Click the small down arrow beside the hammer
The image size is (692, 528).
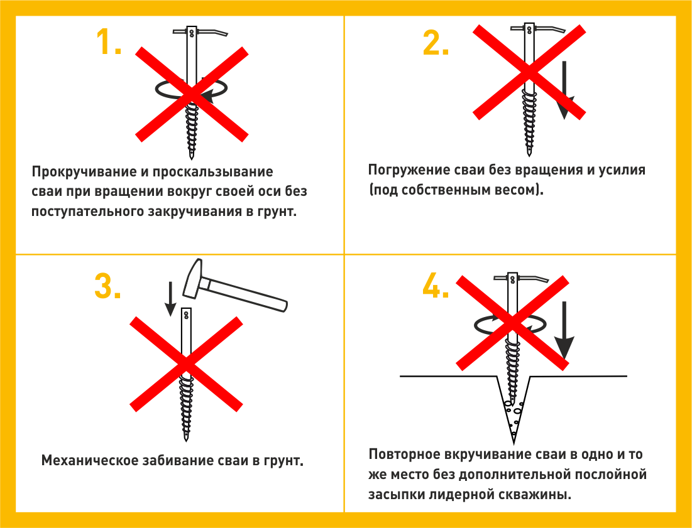click(170, 299)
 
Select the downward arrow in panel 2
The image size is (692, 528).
click(564, 90)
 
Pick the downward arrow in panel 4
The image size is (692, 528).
click(564, 331)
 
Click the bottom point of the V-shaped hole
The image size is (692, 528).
click(514, 443)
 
